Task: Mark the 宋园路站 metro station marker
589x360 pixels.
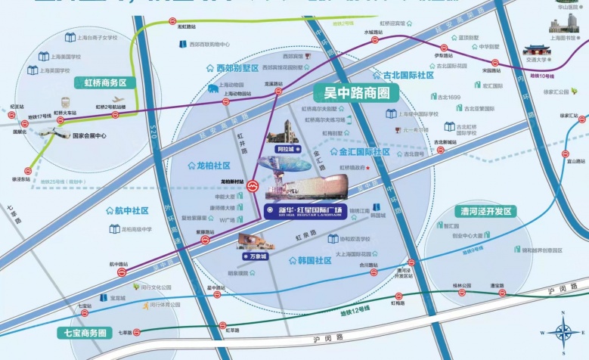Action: pos(495,63)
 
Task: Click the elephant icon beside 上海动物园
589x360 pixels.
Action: pos(214,88)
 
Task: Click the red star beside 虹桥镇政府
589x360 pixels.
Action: pos(368,168)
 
